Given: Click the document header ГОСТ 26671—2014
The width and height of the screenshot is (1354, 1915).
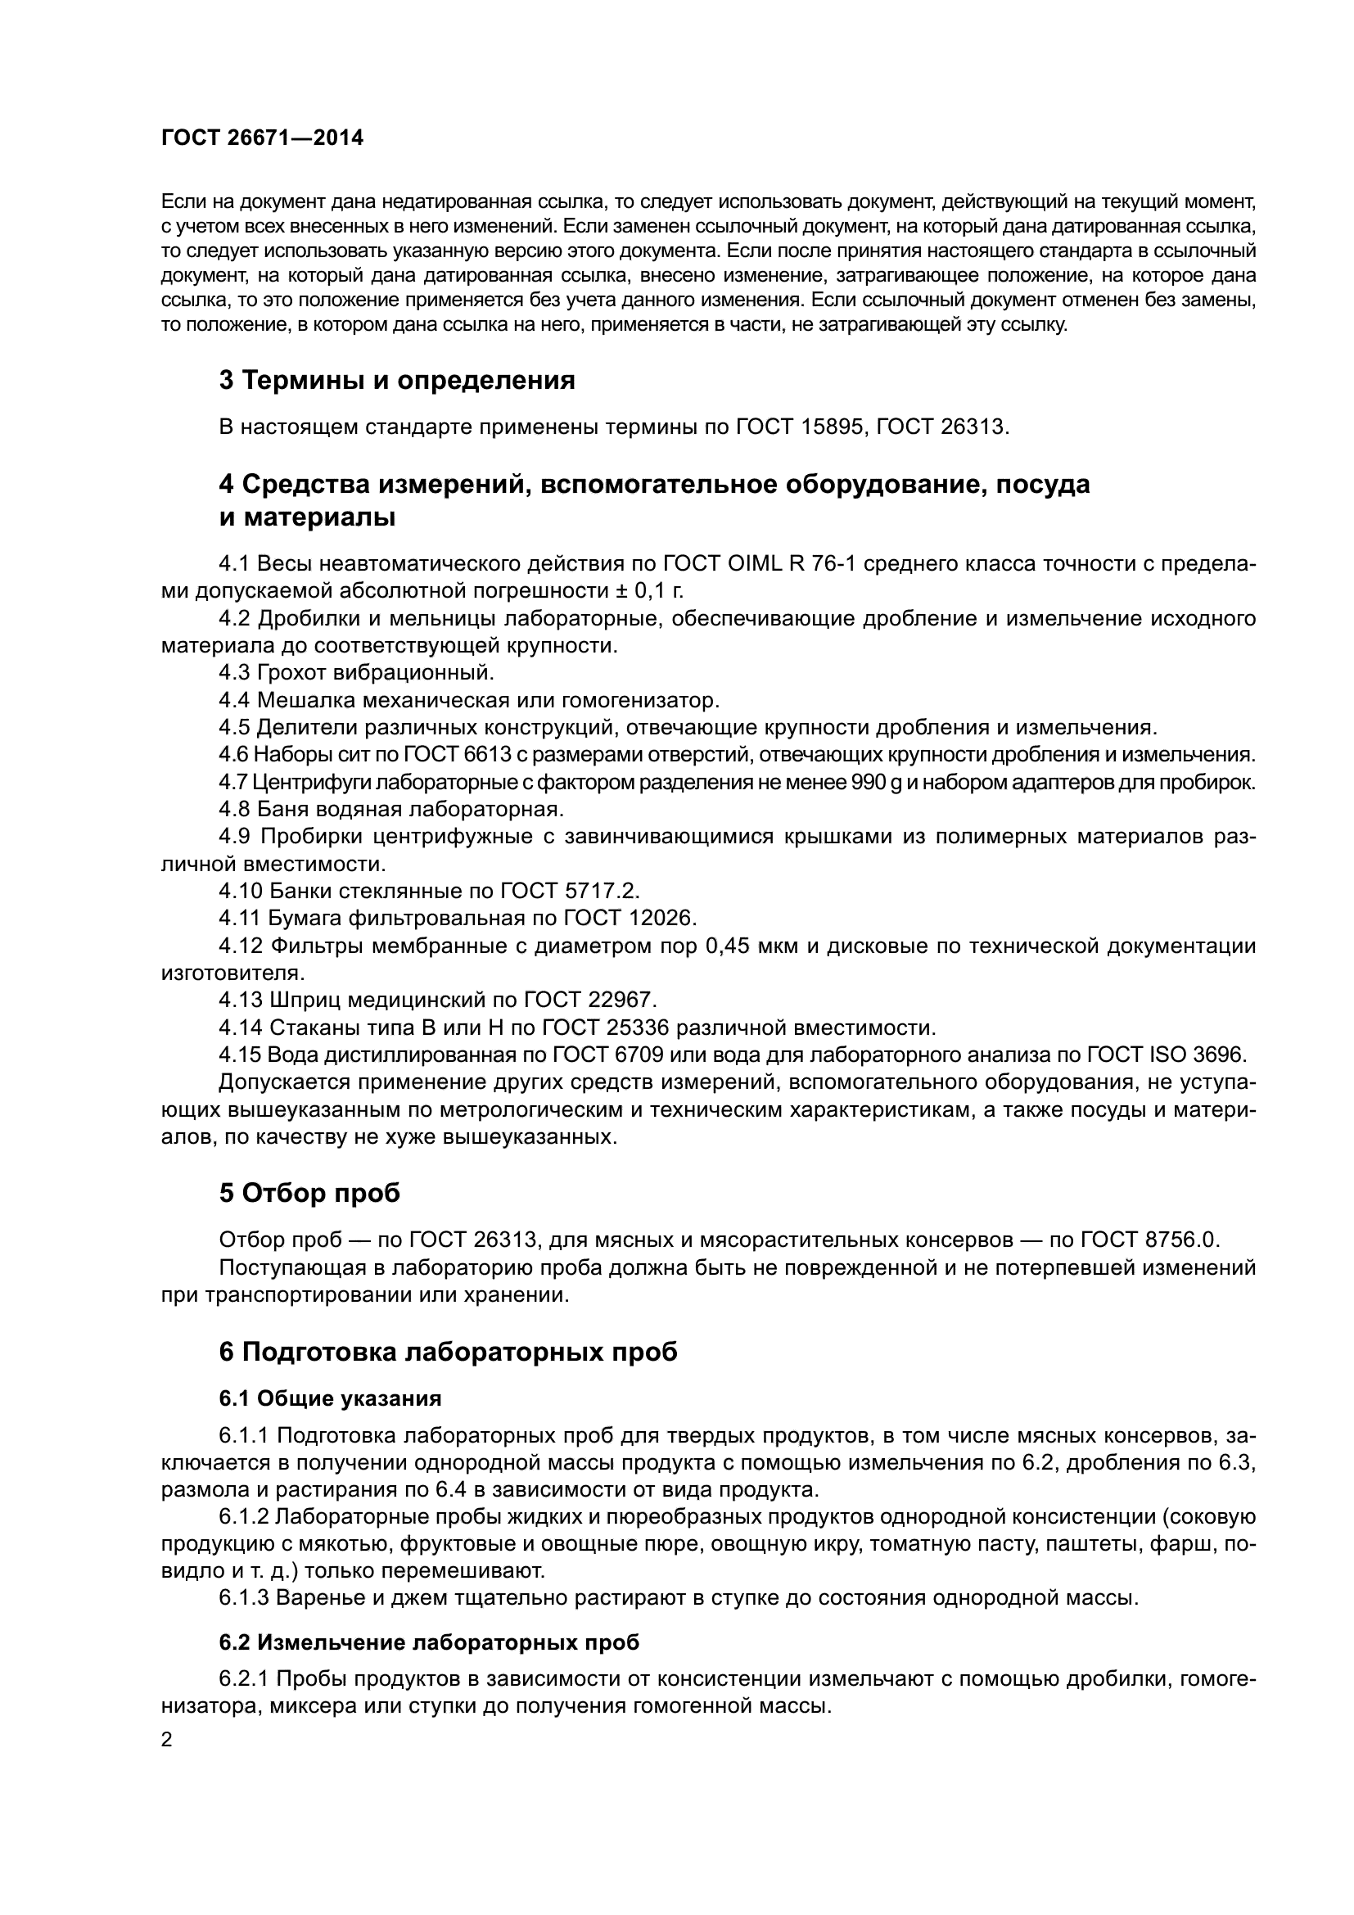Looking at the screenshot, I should (x=262, y=138).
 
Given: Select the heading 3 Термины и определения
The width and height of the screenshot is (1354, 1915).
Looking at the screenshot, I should (x=397, y=381).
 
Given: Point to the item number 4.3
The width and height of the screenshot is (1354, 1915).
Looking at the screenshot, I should (x=235, y=672).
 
